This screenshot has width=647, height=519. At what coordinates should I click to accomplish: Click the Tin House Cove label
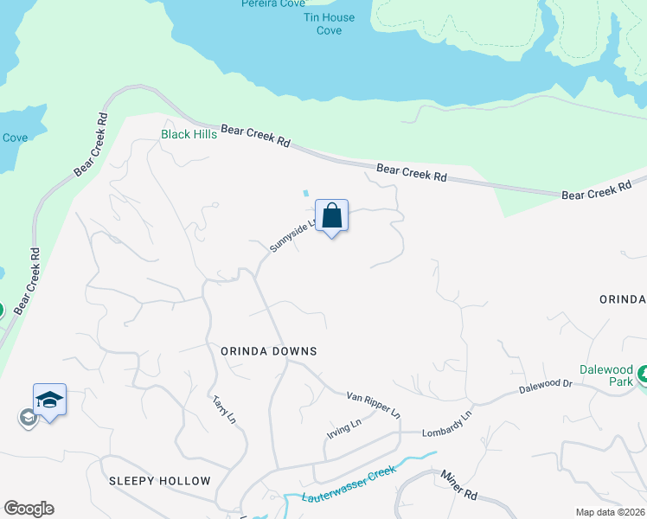point(329,23)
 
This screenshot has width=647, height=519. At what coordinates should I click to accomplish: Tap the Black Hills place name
point(189,134)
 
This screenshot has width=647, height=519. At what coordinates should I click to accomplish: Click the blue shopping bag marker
point(332,215)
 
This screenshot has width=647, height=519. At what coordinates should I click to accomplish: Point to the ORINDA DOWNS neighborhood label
point(269,351)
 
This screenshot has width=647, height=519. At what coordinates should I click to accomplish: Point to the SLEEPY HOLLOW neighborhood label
point(160,481)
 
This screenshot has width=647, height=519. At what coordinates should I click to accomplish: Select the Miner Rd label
point(459,485)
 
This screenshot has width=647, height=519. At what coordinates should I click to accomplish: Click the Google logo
point(29,509)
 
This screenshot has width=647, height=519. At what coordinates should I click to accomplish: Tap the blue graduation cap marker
point(49,400)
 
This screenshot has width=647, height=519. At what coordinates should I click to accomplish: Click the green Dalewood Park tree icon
point(642,374)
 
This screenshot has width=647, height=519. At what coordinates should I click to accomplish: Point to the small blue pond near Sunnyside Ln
point(305,193)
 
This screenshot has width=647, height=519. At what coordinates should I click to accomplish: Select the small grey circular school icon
point(28,419)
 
